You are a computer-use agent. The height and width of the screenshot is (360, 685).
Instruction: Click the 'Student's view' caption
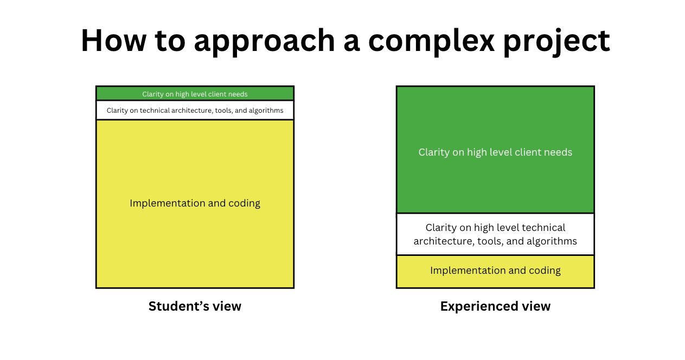[x=195, y=306]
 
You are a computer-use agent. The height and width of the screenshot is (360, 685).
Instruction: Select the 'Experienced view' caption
[x=495, y=306]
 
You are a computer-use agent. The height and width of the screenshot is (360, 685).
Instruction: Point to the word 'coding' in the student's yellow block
[x=244, y=204]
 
